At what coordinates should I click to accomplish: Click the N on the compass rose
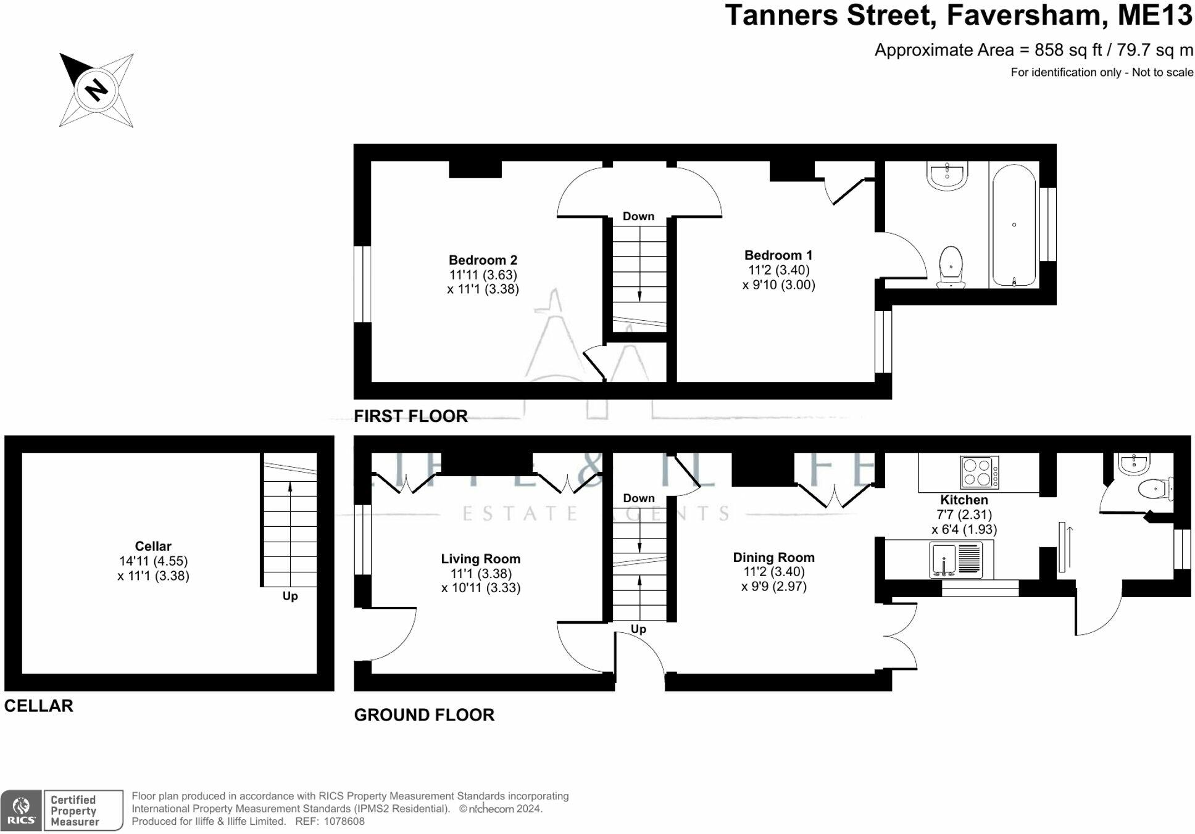pos(96,90)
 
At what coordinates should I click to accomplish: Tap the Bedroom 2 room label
pos(483,260)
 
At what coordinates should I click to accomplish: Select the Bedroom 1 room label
pos(778,255)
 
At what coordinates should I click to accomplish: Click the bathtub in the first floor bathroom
pos(1014,225)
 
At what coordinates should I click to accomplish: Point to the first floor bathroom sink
pos(947,175)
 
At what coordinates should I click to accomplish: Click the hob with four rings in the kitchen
pos(980,473)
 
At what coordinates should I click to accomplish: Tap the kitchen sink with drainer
pos(956,559)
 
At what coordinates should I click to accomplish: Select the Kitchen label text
pos(964,500)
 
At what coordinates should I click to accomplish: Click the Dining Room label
pos(773,558)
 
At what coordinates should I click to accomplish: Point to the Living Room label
pos(480,559)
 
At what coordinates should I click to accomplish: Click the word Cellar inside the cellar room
pos(153,546)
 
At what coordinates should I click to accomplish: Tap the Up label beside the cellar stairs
pos(290,597)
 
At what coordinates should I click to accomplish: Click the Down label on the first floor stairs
pos(638,217)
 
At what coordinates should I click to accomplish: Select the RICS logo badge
pos(21,810)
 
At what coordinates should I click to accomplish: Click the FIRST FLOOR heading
pos(410,416)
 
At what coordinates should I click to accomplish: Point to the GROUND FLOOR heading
pos(424,715)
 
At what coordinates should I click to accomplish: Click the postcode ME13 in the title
pos(1155,15)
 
